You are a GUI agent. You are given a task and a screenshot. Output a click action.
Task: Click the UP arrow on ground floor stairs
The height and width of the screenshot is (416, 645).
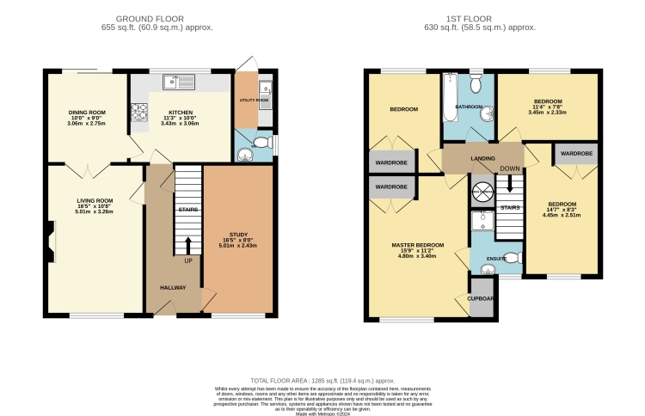coord(187,248)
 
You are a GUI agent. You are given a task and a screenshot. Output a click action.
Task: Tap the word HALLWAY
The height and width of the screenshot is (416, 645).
coord(172,287)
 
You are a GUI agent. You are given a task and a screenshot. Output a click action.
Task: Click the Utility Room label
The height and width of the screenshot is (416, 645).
coord(254,101)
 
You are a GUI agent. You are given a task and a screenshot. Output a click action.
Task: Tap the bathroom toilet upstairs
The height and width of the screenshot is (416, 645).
coord(476,83)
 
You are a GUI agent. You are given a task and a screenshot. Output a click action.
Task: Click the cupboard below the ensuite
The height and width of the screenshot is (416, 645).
coord(481,297)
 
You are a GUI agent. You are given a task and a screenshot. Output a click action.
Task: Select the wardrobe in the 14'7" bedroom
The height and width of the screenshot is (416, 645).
coord(575,154)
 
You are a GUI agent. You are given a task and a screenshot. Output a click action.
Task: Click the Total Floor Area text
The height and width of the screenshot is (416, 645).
coord(322,379)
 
